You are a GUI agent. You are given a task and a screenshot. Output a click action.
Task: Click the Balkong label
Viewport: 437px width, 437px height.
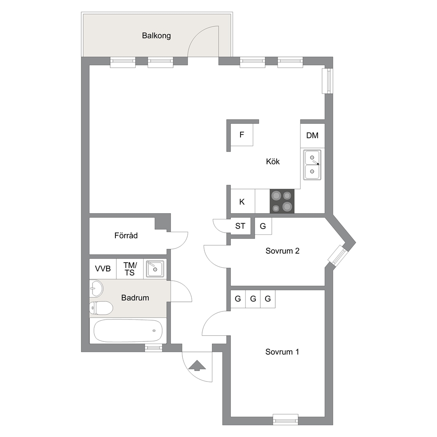tap(156, 36)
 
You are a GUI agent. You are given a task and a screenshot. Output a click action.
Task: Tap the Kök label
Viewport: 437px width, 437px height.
tap(273, 162)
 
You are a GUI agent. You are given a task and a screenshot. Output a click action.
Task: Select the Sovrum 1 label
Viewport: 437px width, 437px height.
tap(282, 352)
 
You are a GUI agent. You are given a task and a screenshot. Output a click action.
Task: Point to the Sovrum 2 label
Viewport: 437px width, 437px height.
tap(282, 251)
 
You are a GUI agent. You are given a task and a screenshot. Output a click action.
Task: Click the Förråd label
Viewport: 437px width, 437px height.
tap(126, 236)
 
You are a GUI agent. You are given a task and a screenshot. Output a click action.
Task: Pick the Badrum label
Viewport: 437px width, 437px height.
tap(135, 298)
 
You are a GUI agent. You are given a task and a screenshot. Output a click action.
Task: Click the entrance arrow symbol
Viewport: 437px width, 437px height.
tap(197, 365)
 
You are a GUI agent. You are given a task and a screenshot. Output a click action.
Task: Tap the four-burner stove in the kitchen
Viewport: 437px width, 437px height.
tap(282, 201)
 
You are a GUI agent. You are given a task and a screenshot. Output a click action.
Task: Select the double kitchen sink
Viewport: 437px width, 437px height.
tap(312, 165)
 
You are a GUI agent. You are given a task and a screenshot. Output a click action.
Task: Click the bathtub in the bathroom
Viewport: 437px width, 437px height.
tap(128, 330)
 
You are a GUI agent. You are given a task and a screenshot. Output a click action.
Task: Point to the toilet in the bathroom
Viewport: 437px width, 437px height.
tap(101, 308)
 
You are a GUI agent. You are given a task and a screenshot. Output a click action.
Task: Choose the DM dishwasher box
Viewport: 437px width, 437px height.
tap(312, 135)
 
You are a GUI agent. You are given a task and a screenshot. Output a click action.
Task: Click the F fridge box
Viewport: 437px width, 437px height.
tap(242, 135)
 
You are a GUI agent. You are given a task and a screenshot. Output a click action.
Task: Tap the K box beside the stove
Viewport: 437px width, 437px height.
tap(242, 201)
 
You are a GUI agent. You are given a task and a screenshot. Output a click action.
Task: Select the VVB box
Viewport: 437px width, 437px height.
tap(103, 269)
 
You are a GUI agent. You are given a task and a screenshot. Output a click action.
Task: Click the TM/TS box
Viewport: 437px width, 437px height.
tap(130, 269)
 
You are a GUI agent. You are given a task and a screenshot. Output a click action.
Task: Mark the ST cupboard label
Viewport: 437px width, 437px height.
tap(240, 226)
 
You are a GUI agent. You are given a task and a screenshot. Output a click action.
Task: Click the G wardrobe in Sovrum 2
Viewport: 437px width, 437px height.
tap(263, 226)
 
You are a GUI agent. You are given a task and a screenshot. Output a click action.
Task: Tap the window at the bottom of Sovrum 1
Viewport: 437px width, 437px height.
tap(285, 419)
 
